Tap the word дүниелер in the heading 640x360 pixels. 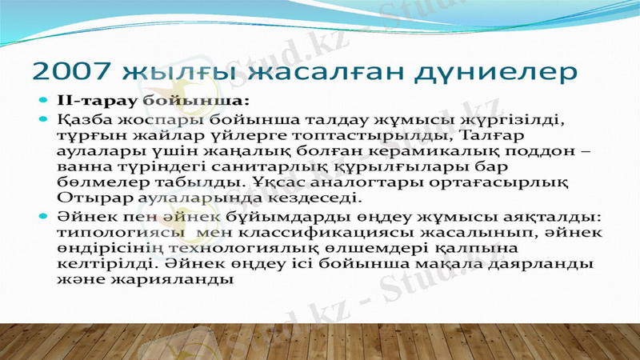pyautogui.click(x=498, y=74)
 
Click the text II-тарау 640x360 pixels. pyautogui.click(x=86, y=102)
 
